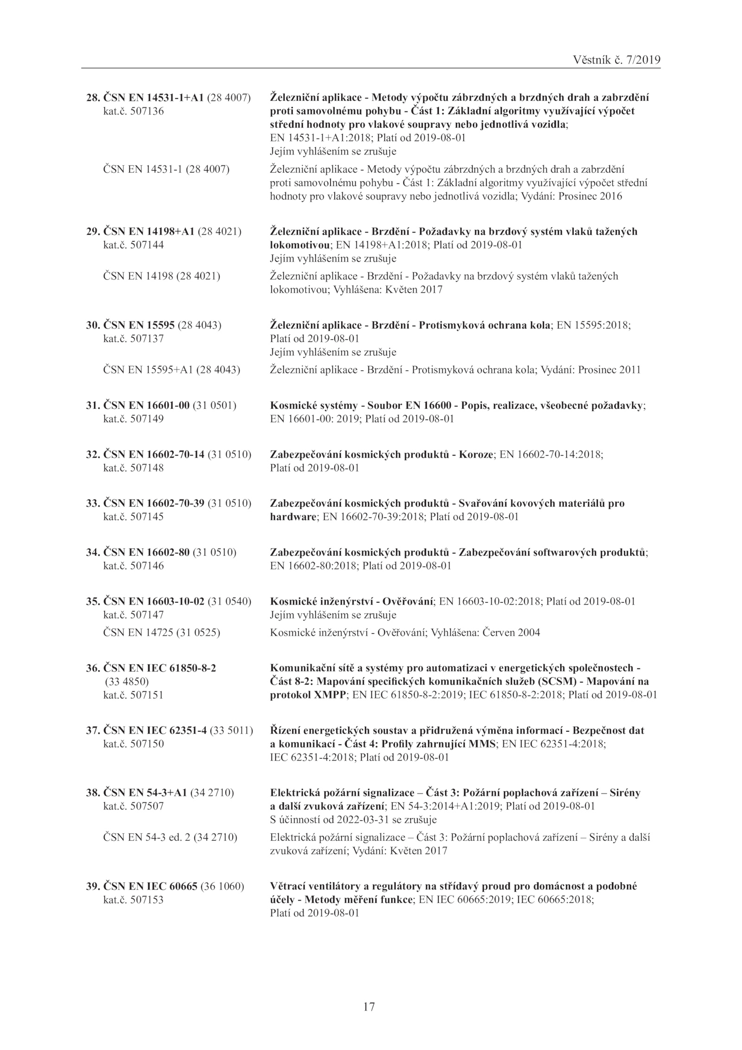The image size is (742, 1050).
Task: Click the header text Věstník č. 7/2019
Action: [616, 60]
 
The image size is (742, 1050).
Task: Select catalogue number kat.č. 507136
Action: [133, 111]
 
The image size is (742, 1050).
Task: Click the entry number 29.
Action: [93, 232]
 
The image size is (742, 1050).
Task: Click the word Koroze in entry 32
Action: [477, 455]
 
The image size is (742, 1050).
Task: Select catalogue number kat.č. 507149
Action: [133, 419]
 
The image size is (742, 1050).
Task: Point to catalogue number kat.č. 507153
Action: [133, 900]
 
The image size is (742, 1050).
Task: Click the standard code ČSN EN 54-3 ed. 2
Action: [146, 837]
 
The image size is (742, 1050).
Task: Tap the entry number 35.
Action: [93, 601]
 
